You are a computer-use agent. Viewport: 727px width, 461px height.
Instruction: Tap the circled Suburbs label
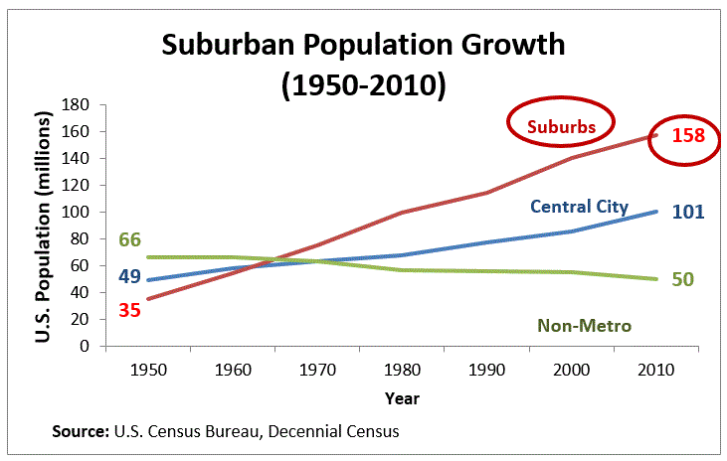(x=561, y=126)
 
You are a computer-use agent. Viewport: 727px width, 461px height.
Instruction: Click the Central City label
(x=579, y=207)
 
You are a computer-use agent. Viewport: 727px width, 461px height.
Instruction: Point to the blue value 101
(x=686, y=212)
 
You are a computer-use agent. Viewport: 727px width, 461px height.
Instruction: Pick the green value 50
(x=682, y=279)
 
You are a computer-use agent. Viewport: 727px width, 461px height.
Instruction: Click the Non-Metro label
(x=584, y=325)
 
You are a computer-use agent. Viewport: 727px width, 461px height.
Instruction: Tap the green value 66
(x=129, y=239)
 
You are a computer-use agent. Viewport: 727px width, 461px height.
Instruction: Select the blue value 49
(x=129, y=276)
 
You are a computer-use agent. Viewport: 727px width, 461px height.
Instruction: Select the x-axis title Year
(x=402, y=397)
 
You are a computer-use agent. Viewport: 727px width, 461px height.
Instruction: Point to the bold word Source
(x=79, y=432)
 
